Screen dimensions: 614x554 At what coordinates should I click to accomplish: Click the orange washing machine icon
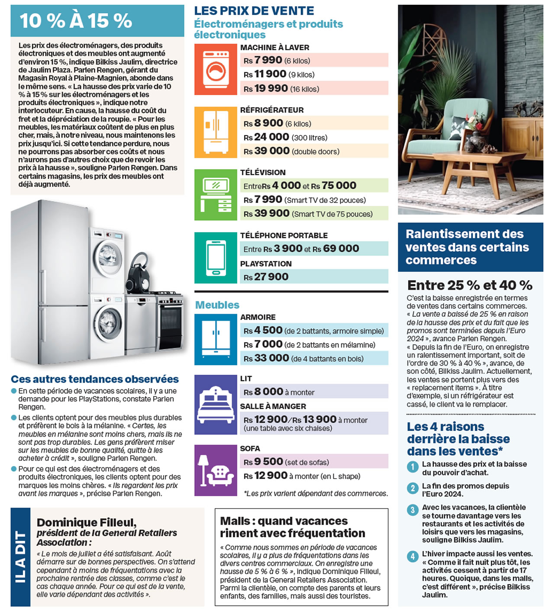pos(216,69)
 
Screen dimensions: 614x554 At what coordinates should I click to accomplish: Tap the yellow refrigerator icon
pos(216,132)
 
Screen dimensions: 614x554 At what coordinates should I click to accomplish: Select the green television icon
pos(216,195)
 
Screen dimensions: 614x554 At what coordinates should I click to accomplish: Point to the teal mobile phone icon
pos(216,257)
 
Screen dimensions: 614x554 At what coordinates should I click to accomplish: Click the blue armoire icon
pos(216,339)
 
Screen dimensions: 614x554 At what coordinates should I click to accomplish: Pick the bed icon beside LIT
pos(216,405)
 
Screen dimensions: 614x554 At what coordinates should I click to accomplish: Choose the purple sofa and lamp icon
pos(216,470)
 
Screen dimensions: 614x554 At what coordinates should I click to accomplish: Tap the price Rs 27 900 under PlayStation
pos(266,277)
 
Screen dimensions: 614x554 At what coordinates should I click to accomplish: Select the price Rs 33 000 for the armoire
pos(266,358)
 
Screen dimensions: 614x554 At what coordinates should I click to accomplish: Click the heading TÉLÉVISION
pos(263,172)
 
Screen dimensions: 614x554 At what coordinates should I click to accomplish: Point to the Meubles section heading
pos(217,305)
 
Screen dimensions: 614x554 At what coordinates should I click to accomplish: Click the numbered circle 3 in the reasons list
pos(412,510)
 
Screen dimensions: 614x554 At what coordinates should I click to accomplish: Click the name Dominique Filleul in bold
pos(87,522)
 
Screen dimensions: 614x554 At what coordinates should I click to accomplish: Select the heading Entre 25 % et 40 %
pos(470,285)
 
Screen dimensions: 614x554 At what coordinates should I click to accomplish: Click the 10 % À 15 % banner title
pos(76,21)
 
